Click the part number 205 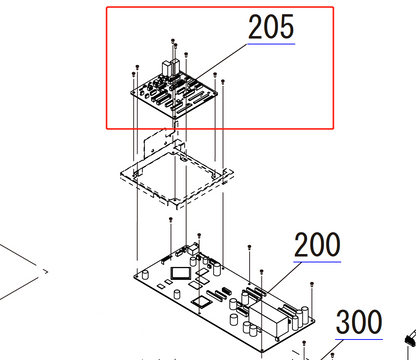(x=270, y=28)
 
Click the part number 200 (x=316, y=245)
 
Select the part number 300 (x=358, y=323)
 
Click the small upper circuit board (x=180, y=93)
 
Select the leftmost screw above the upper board (x=133, y=71)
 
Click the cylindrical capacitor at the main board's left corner (x=176, y=293)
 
